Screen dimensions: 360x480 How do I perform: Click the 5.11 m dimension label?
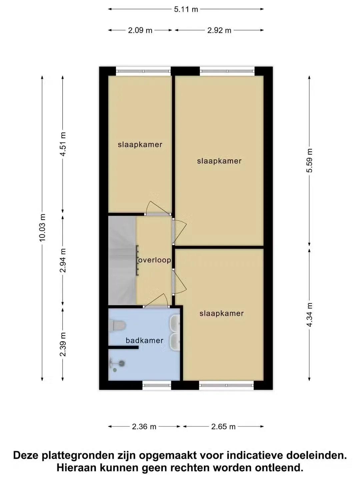pyautogui.click(x=186, y=9)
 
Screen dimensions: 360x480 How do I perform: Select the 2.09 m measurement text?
pyautogui.click(x=140, y=30)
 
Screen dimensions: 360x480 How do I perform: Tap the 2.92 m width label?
pyautogui.click(x=219, y=30)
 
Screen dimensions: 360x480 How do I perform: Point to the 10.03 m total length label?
pyautogui.click(x=42, y=228)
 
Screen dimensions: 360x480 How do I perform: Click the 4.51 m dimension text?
pyautogui.click(x=63, y=144)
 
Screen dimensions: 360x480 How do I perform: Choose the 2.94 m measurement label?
pyautogui.click(x=63, y=260)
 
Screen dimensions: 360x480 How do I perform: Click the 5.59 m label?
pyautogui.click(x=309, y=161)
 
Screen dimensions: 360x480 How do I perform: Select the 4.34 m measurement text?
pyautogui.click(x=309, y=315)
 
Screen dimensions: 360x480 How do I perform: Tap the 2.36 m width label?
pyautogui.click(x=144, y=427)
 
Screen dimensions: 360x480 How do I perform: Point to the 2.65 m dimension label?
pyautogui.click(x=223, y=427)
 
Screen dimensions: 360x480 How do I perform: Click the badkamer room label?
pyautogui.click(x=144, y=340)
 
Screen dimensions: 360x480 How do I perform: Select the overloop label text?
pyautogui.click(x=155, y=260)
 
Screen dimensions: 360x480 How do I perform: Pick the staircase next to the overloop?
pyautogui.click(x=122, y=260)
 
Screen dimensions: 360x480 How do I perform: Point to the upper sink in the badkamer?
pyautogui.click(x=175, y=323)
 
